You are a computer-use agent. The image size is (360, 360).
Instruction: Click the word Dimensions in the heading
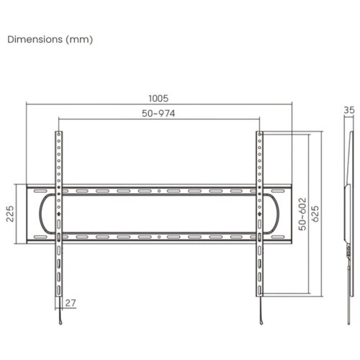coord(35,39)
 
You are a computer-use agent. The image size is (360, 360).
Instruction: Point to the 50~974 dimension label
coord(158,113)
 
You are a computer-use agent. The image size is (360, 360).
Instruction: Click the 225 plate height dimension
coord(11,215)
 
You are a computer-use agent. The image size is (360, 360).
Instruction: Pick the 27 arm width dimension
coord(70,302)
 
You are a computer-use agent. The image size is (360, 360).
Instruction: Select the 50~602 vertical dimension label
coord(302,214)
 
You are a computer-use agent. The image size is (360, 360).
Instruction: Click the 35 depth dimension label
coord(349,110)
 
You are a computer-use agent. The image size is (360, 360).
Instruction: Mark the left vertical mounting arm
coord(58,216)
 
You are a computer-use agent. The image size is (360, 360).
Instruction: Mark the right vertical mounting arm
coord(258,216)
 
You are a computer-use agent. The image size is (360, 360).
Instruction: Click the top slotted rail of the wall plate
coord(158,192)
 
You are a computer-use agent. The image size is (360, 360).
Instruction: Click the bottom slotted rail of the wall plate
coord(158,236)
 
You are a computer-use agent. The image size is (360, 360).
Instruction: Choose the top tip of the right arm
coord(258,133)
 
